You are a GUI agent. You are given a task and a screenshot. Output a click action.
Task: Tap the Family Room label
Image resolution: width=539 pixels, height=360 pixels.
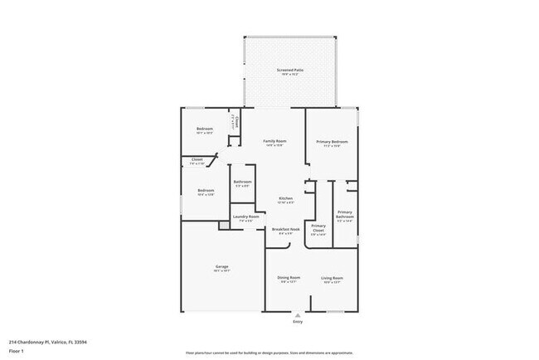[274, 142]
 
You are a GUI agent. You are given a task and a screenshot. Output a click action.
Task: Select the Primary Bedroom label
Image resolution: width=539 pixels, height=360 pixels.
[332, 142]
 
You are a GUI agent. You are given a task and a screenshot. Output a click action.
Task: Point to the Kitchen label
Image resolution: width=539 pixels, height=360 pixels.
[285, 198]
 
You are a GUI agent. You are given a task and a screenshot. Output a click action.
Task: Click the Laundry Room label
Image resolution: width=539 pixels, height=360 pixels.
[245, 217]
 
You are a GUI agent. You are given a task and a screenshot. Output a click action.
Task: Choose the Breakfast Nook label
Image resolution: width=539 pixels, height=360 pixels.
[285, 230]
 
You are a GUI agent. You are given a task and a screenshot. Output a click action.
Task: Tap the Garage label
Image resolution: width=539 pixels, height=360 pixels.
[222, 267]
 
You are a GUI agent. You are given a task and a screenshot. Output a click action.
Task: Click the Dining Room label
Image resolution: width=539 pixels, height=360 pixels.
[289, 278]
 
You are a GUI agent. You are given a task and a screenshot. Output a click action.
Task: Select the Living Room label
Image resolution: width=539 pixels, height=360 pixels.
[332, 278]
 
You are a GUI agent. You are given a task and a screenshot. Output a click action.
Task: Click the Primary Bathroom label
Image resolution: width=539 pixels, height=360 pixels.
[345, 215]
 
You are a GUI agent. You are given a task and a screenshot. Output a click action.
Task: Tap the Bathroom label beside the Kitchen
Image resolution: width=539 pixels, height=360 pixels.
[242, 182]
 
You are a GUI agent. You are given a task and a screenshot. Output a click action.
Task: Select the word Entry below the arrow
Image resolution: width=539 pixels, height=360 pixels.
[298, 321]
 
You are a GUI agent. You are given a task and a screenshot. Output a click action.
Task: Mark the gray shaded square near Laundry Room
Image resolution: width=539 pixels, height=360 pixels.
[224, 226]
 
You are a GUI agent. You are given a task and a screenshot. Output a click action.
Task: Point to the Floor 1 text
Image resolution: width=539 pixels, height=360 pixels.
[16, 350]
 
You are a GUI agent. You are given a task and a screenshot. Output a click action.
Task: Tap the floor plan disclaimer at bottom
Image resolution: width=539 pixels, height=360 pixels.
[268, 353]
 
